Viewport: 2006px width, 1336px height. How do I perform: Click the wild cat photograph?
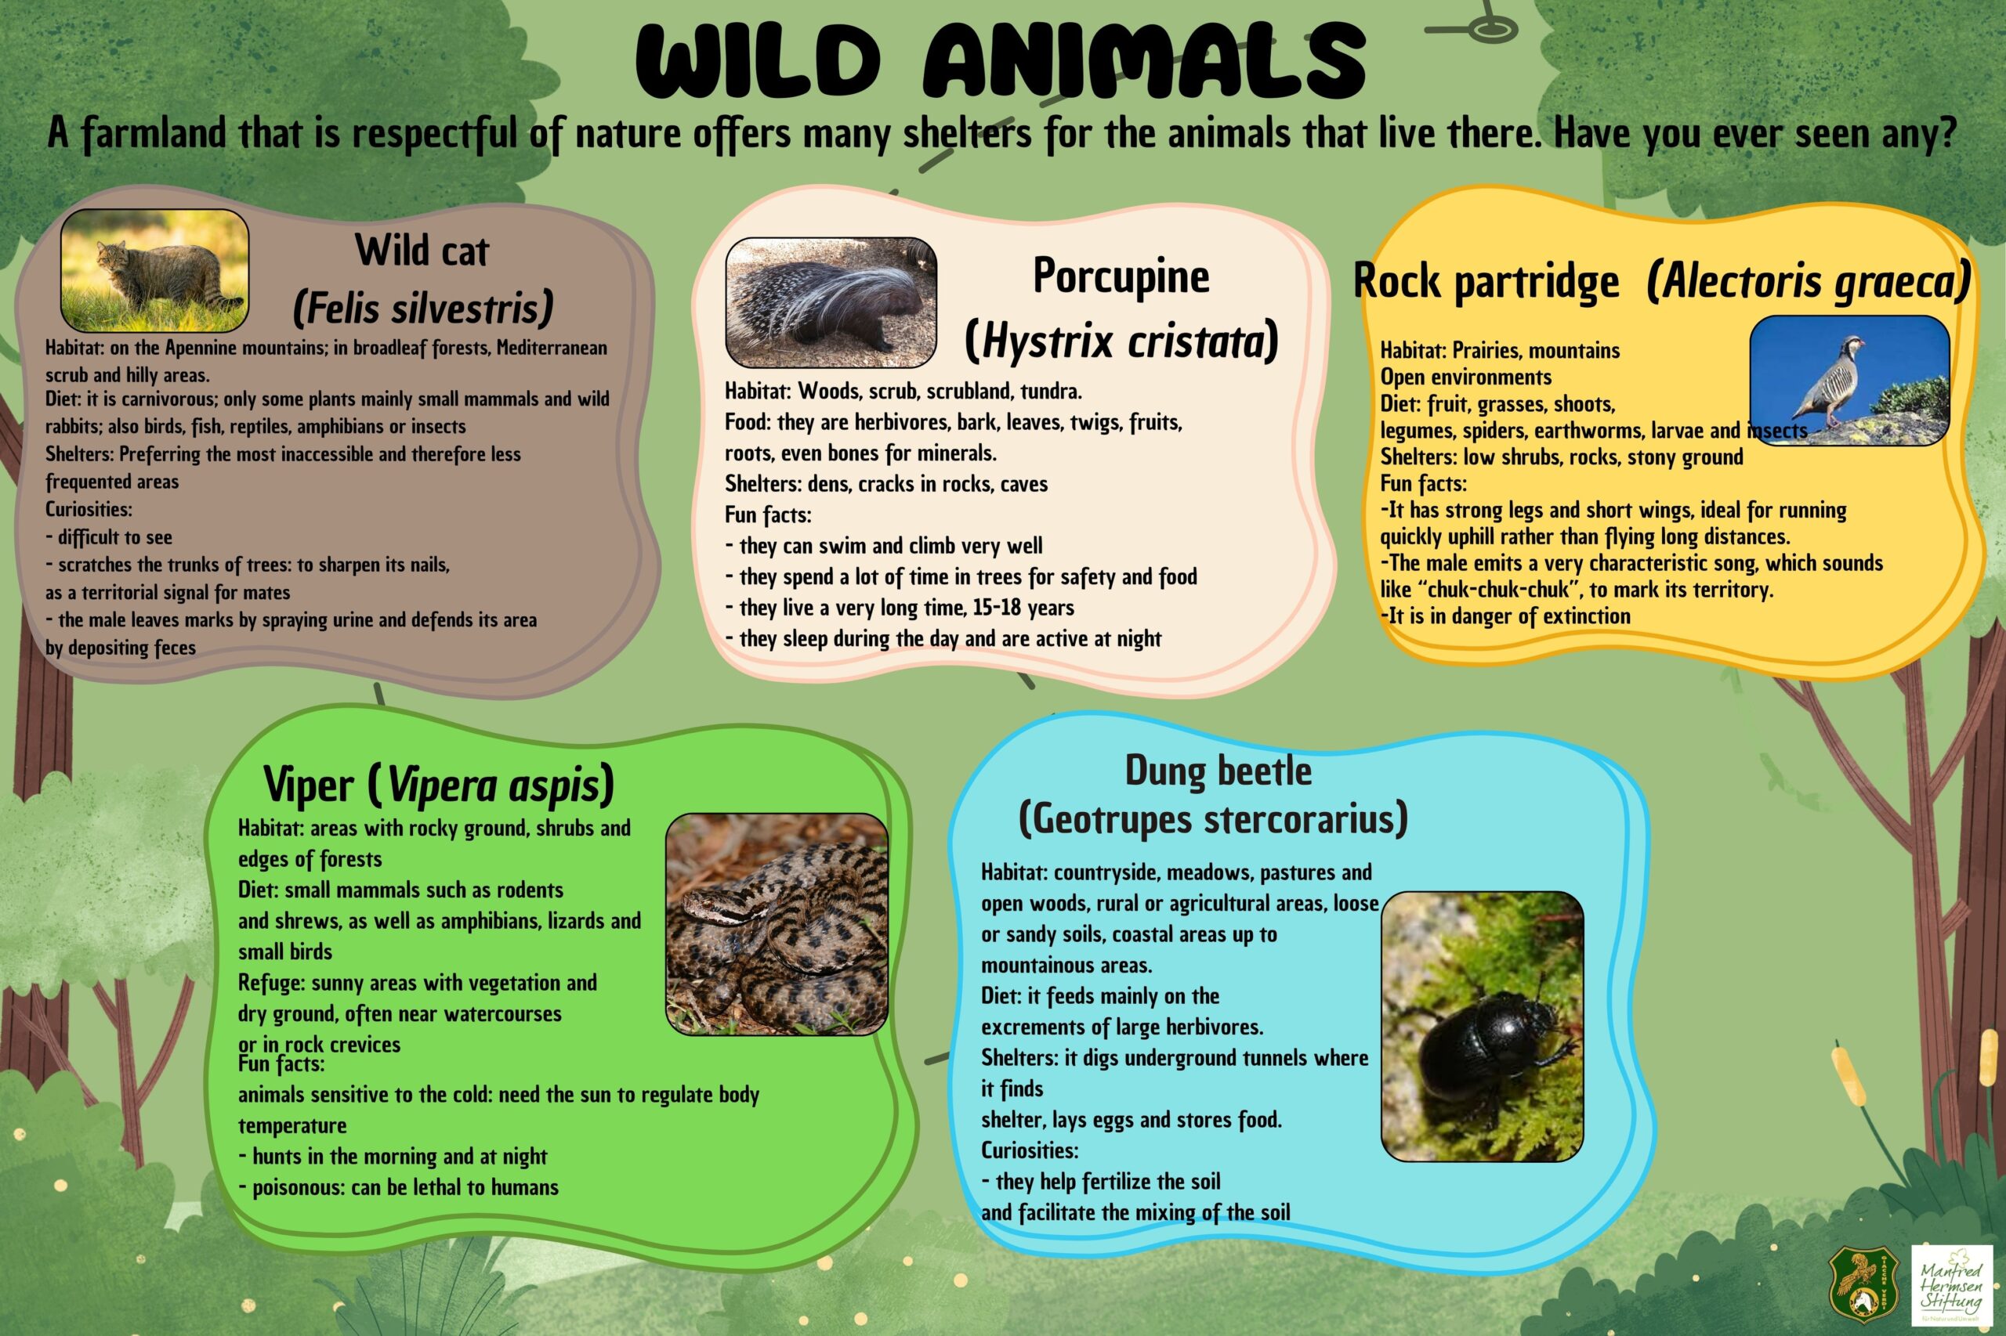[x=154, y=271]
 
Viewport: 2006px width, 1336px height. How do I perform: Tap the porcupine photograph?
[x=831, y=303]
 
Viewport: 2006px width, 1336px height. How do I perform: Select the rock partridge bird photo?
[x=1849, y=380]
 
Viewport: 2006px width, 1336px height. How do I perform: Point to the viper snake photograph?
[x=777, y=924]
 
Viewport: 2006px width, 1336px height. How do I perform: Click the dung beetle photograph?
[x=1483, y=1027]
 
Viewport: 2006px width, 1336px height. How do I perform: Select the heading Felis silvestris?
[x=423, y=308]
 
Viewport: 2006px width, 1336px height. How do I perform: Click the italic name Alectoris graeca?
[x=1809, y=282]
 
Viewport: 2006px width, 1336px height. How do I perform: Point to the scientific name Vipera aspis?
[x=493, y=785]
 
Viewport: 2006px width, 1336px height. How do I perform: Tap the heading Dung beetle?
[x=1218, y=771]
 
